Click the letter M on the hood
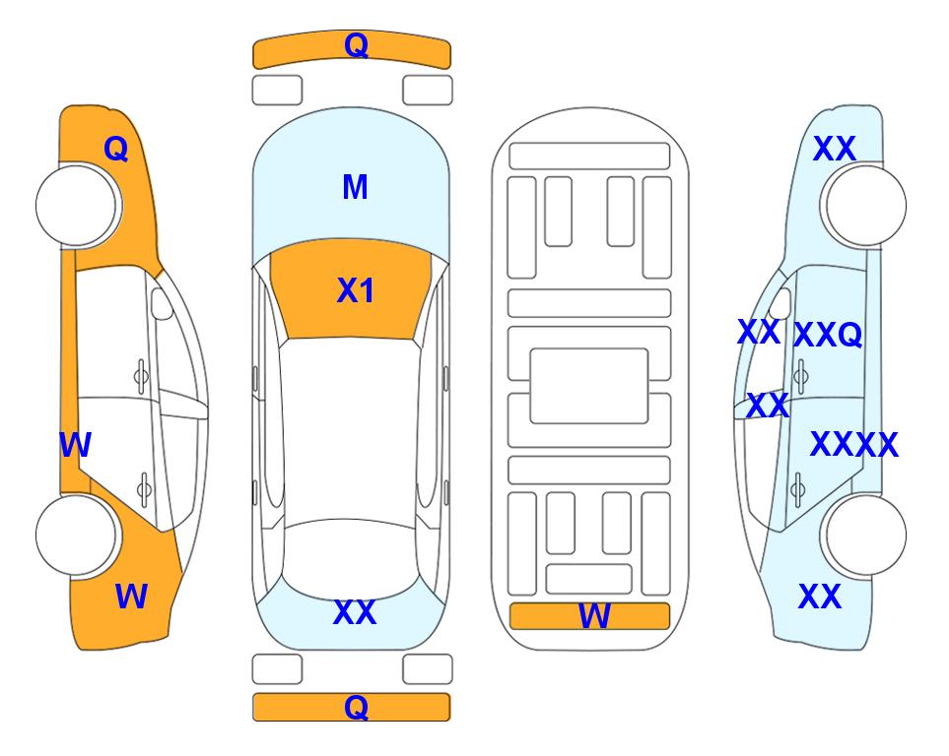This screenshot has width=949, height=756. (355, 187)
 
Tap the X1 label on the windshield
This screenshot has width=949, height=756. (356, 290)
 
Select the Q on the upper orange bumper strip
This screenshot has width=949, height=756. (357, 45)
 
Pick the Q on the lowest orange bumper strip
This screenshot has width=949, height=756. (357, 707)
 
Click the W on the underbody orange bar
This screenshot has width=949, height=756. (594, 616)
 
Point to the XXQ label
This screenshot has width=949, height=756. (828, 335)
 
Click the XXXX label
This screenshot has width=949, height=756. (854, 445)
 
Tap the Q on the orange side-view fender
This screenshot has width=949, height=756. (116, 149)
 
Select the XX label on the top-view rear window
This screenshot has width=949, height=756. (355, 612)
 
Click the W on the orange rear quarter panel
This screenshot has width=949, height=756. (131, 597)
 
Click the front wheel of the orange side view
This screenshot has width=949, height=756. (78, 206)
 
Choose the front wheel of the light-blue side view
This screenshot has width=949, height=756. (864, 206)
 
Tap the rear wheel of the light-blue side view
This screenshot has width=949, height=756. (864, 535)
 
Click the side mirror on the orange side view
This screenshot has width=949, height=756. (161, 303)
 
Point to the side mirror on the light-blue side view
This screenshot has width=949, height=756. (780, 303)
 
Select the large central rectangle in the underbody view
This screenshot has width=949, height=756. (589, 386)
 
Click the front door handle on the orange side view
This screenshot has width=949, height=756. (141, 376)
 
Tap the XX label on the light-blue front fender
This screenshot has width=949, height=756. (835, 149)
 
